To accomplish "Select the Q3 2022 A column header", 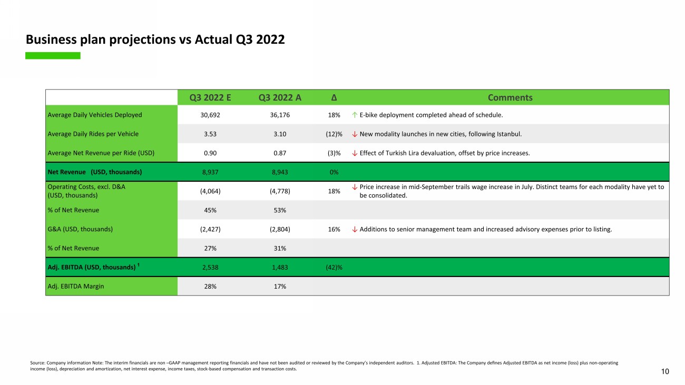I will tap(280, 97).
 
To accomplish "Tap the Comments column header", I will tap(510, 97).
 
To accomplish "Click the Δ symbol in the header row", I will tap(334, 97).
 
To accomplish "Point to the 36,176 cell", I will tap(280, 115).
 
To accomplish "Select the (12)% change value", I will tap(334, 134).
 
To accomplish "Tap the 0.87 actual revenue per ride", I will tap(280, 153).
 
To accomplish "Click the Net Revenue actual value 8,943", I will tap(280, 172).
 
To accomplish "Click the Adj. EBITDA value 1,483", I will tap(280, 267).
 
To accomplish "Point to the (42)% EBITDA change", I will tap(334, 267).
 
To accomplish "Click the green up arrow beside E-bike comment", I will tap(355, 115).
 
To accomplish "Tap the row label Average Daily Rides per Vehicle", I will tap(93, 134).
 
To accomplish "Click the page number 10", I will tap(665, 372).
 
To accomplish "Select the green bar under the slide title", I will tap(53, 55).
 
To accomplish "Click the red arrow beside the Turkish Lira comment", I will tap(355, 153).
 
